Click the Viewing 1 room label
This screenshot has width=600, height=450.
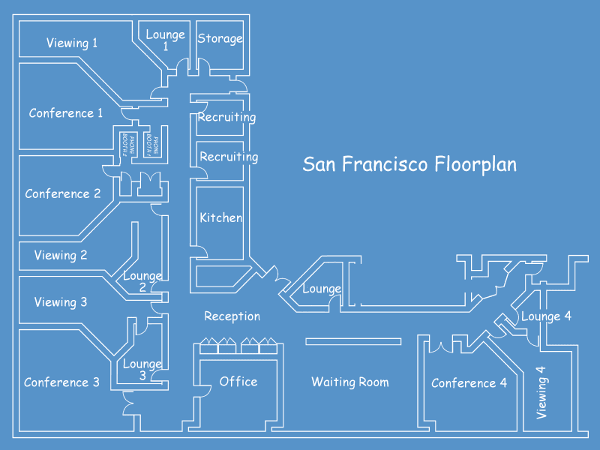(72, 43)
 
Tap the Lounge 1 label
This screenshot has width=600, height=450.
(165, 40)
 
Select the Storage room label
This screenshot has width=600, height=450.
(220, 38)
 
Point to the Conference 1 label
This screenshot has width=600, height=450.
(66, 113)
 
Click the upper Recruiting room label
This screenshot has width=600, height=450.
(226, 117)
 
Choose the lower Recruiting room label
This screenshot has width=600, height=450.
(229, 157)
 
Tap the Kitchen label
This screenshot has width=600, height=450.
(220, 218)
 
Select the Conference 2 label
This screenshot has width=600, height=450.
(63, 193)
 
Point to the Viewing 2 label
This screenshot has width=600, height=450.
(61, 255)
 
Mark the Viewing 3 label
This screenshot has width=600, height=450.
(61, 302)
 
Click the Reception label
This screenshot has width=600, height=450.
(232, 316)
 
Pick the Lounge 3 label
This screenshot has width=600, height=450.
(142, 370)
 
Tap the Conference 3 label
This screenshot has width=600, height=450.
(61, 382)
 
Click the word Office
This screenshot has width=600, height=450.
(238, 382)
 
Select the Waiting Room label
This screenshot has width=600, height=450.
(350, 382)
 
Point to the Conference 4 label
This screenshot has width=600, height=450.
(469, 383)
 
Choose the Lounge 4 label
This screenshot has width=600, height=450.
(546, 316)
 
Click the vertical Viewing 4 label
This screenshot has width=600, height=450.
(541, 391)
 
